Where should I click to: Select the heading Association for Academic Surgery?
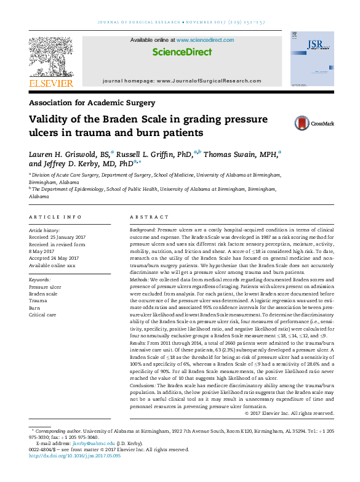(92, 103)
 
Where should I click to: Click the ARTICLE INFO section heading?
(55, 217)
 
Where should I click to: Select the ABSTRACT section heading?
(149, 217)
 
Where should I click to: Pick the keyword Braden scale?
(43, 294)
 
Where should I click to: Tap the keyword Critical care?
(42, 315)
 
